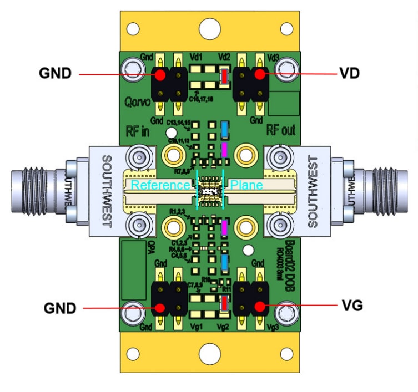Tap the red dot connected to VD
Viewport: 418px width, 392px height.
[x=259, y=74]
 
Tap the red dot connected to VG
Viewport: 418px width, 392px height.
[x=259, y=306]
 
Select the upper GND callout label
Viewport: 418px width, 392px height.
[x=55, y=73]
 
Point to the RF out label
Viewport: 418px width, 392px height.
[x=281, y=130]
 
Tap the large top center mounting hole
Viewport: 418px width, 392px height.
[x=209, y=27]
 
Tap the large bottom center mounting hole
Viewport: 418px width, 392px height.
[x=209, y=353]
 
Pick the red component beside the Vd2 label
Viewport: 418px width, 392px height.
[x=224, y=77]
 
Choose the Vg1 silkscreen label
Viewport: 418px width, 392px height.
[x=196, y=328]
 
